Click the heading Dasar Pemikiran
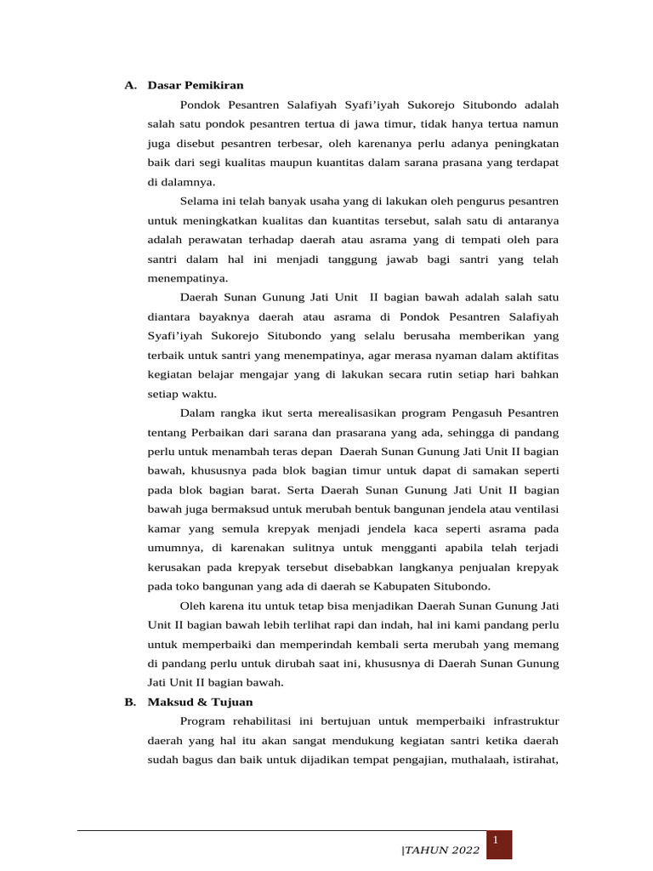[196, 85]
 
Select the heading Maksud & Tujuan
[200, 702]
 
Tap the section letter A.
[129, 85]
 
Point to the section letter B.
[129, 702]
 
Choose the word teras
[282, 452]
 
